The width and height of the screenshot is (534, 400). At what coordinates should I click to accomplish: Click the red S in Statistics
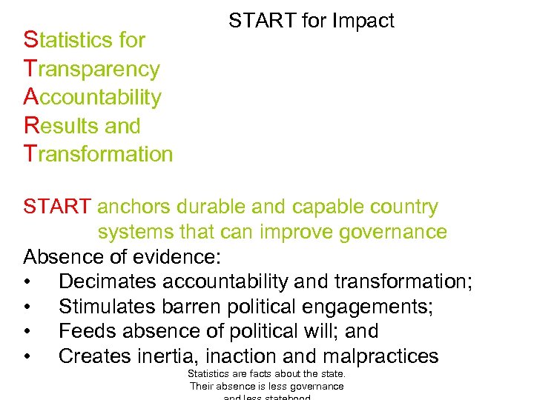point(30,40)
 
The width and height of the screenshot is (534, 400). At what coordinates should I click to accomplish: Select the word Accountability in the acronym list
point(93,97)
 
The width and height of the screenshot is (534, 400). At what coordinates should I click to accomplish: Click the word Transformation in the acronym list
point(99,153)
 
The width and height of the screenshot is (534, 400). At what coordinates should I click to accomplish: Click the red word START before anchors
point(58,207)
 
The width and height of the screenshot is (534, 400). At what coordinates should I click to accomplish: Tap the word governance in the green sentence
point(392,232)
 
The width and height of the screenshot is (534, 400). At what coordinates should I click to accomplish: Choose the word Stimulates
point(108,307)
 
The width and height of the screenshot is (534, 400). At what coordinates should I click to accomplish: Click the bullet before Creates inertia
point(27,357)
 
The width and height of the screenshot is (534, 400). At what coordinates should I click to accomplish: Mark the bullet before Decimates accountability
point(27,282)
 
